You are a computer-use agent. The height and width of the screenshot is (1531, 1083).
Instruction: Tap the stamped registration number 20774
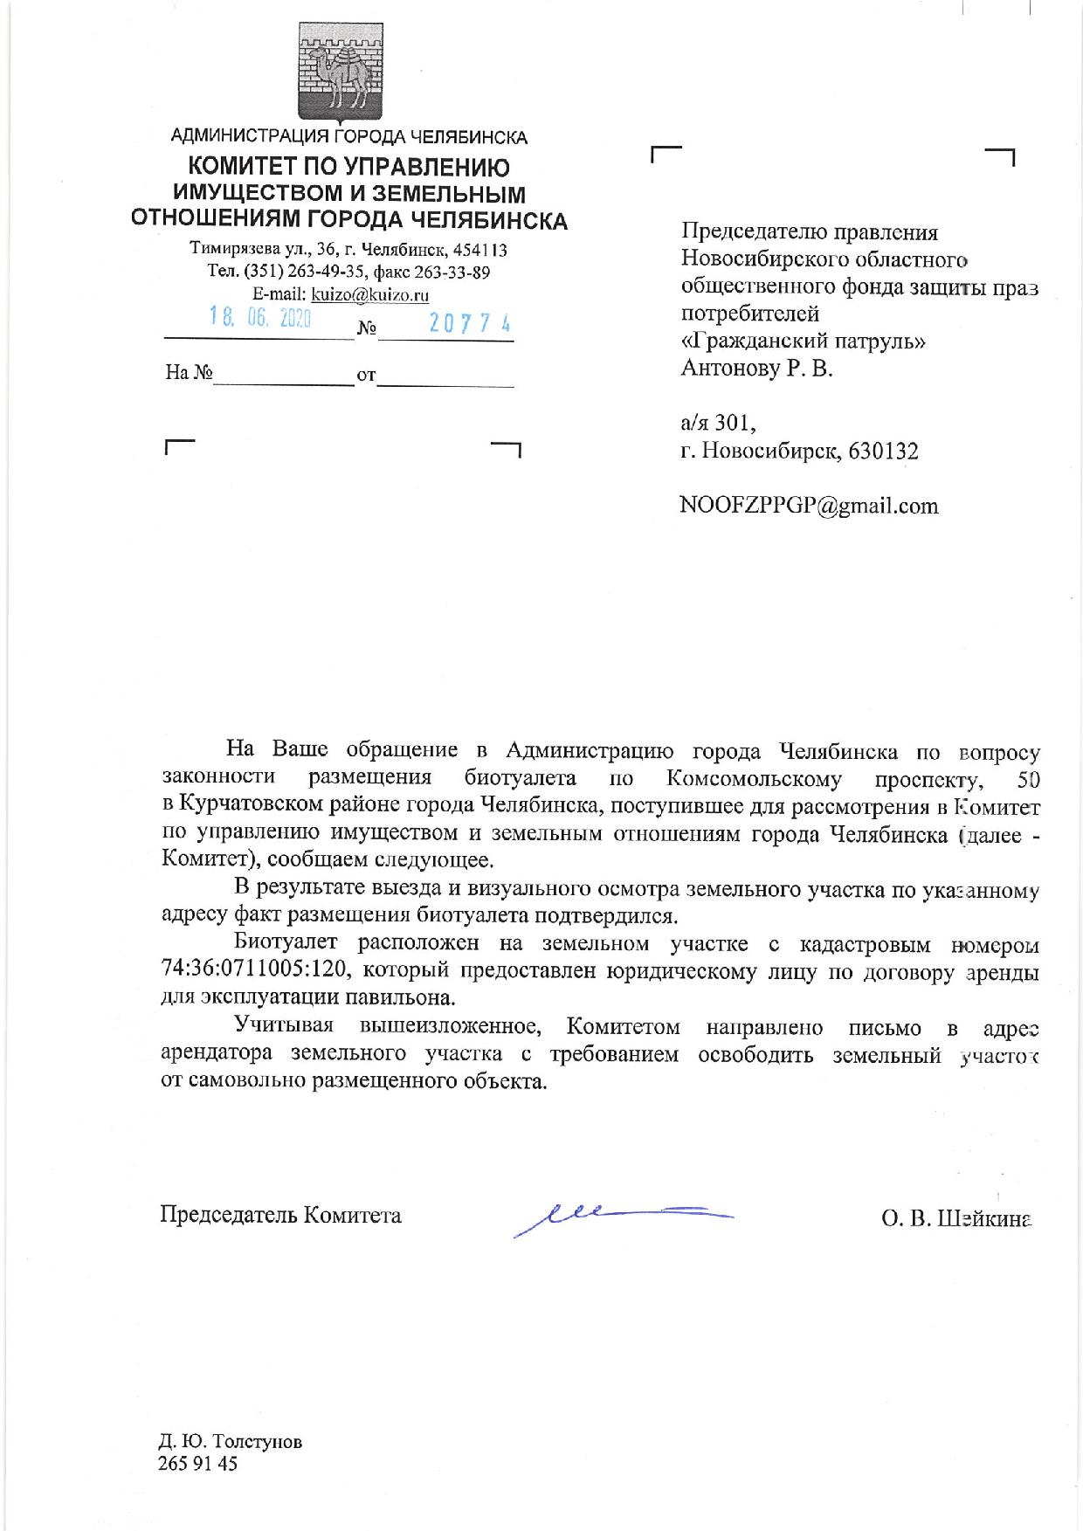[470, 324]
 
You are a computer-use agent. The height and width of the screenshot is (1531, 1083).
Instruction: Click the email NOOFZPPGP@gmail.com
[809, 506]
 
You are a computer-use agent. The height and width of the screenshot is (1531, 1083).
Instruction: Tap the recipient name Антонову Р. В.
[756, 369]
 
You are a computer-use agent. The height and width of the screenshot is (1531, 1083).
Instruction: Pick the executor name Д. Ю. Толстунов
[231, 1441]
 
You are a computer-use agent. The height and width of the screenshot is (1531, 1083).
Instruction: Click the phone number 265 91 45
[197, 1464]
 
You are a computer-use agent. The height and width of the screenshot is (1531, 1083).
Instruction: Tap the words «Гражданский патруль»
[803, 341]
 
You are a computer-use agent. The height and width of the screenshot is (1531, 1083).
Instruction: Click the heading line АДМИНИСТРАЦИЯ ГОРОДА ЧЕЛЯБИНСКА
[348, 137]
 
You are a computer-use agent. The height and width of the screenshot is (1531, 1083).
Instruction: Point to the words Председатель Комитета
[280, 1215]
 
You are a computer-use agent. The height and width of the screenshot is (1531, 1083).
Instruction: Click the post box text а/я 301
[718, 424]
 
